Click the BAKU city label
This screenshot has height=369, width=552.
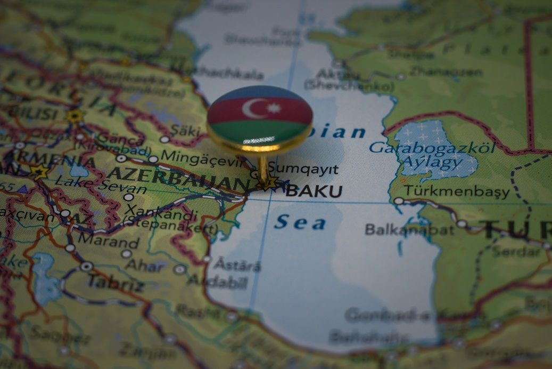[314, 191]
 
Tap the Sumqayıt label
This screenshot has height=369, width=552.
[303, 170]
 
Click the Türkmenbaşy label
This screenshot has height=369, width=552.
[456, 191]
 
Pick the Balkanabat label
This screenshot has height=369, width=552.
[409, 230]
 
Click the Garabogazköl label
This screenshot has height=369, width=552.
[432, 147]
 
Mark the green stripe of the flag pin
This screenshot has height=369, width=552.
[259, 131]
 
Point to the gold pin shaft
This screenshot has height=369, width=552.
[263, 168]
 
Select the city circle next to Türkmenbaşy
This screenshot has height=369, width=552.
[398, 201]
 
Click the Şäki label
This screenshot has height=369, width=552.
[184, 130]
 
